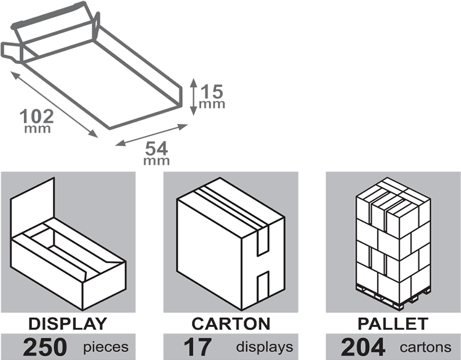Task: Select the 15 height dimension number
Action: pos(212,92)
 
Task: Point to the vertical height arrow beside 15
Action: pos(193,96)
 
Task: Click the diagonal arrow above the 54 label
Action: pos(151,135)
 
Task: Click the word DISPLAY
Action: pos(67,323)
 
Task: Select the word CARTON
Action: pos(231,323)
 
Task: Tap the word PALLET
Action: pos(393,323)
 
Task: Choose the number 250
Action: pos(45,347)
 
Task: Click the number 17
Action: pos(196,347)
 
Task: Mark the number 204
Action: pos(363,347)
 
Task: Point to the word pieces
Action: pos(106,347)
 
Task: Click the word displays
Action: pos(264,347)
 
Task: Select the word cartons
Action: pos(425,347)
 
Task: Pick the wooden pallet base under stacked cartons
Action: pos(392,296)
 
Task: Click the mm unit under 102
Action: pos(37,129)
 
